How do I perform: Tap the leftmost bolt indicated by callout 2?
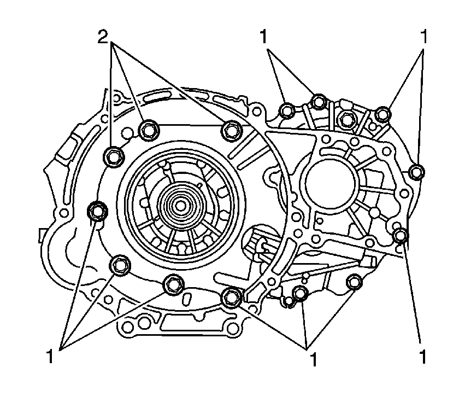113,156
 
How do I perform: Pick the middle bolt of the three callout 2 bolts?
148,130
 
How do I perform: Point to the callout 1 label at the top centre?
264,37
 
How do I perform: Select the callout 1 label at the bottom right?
423,357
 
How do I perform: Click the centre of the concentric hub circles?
179,206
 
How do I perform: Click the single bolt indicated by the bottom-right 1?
401,236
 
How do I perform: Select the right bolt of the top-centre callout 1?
319,101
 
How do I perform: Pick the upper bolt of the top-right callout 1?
383,114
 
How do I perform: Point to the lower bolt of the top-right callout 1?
417,172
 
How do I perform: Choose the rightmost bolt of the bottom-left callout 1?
173,283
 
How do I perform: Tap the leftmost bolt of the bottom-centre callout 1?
232,296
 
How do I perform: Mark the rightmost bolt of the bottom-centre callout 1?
355,281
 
